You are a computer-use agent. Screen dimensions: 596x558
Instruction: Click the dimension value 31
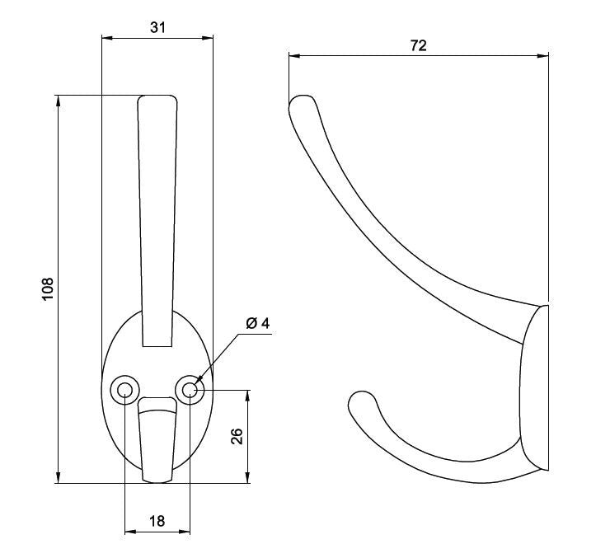[x=157, y=27]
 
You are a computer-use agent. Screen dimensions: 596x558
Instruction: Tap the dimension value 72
[x=419, y=45]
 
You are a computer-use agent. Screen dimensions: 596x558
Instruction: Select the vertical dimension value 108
[x=48, y=288]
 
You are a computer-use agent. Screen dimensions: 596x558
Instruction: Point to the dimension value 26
[x=237, y=436]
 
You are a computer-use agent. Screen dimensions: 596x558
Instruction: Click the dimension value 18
[x=157, y=521]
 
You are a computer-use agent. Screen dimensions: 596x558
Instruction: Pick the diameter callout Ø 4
[x=258, y=323]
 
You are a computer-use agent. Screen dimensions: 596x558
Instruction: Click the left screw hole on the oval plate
[x=125, y=390]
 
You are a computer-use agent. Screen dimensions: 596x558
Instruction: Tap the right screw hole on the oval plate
[x=190, y=390]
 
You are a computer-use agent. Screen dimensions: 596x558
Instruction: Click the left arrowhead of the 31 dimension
[x=107, y=38]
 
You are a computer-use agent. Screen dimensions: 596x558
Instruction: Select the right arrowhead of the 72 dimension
[x=543, y=56]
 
